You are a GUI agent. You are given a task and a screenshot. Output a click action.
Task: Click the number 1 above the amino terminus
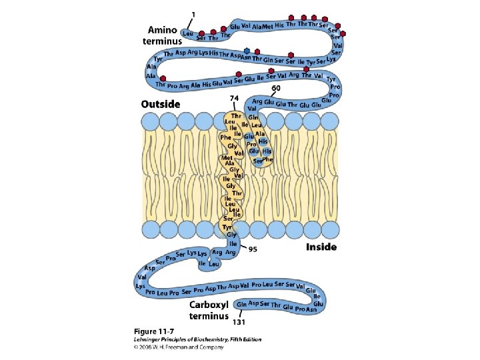point(194,15)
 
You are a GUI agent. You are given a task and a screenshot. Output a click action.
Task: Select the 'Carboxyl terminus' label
point(209,310)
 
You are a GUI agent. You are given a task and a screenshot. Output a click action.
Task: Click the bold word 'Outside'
point(161,104)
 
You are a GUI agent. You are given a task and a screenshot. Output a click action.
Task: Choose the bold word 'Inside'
point(321,247)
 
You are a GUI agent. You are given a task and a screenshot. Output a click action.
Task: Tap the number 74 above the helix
point(234,98)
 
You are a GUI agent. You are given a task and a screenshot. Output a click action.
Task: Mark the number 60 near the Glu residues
point(276,88)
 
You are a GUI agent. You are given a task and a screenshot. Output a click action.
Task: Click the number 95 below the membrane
point(254,249)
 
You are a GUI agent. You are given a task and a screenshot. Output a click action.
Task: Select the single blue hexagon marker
point(248,51)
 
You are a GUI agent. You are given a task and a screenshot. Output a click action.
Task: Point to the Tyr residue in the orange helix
point(227,227)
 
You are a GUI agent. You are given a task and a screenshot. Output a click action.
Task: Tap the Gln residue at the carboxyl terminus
point(241,303)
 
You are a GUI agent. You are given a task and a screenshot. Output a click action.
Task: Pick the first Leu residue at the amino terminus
point(187,33)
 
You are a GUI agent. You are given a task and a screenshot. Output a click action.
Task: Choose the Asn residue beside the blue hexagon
point(246,58)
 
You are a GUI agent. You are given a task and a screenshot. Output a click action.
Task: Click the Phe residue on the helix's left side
point(225,137)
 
